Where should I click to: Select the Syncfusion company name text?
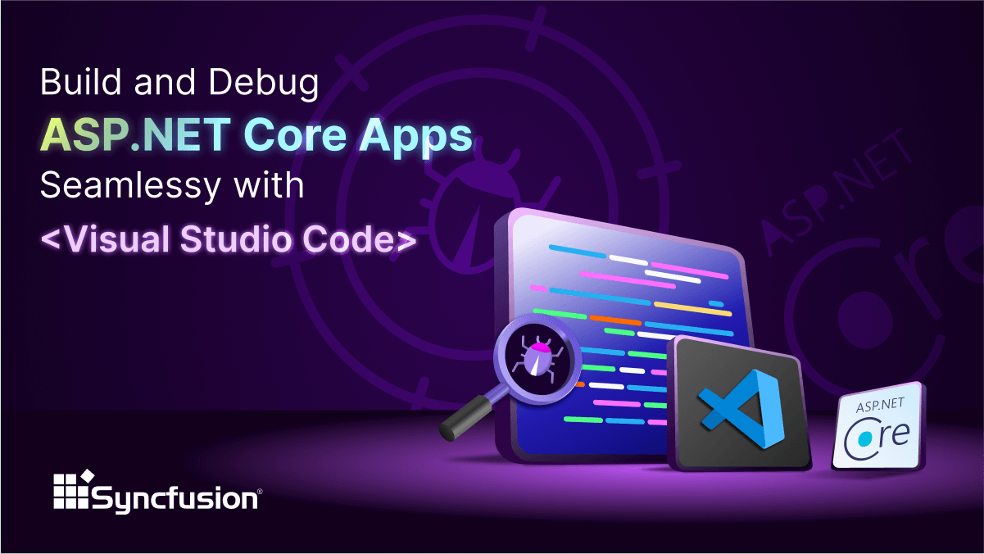tap(177, 497)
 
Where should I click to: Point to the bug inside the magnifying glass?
tap(537, 358)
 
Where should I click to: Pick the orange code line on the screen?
tap(615, 320)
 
